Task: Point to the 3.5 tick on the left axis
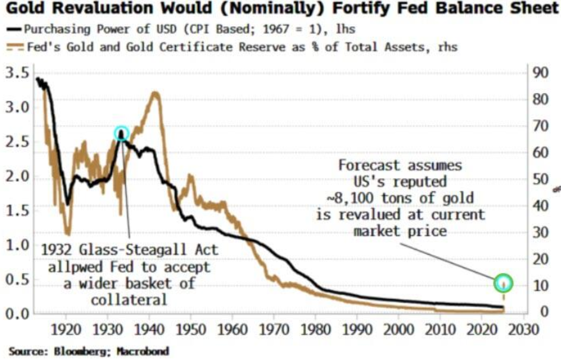tap(16, 74)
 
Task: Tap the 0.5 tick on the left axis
tap(16, 279)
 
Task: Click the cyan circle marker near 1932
tap(122, 134)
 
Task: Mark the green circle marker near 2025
tap(504, 283)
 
